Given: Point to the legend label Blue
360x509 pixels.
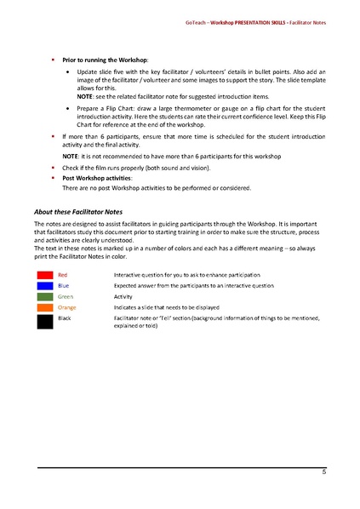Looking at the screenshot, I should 64,286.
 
